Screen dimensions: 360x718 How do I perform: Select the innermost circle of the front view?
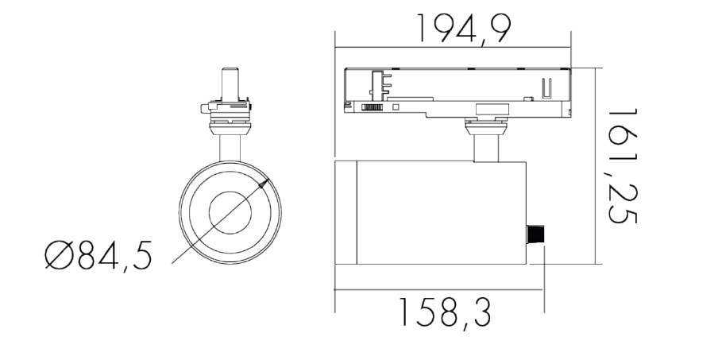coord(230,212)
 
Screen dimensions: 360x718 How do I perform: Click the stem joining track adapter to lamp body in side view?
coord(485,147)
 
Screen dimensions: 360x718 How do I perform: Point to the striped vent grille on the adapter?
coord(373,106)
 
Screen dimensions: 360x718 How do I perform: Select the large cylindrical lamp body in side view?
coord(437,212)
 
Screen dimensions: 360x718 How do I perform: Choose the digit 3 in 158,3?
coord(479,314)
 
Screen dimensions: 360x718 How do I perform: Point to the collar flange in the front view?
coord(230,122)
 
